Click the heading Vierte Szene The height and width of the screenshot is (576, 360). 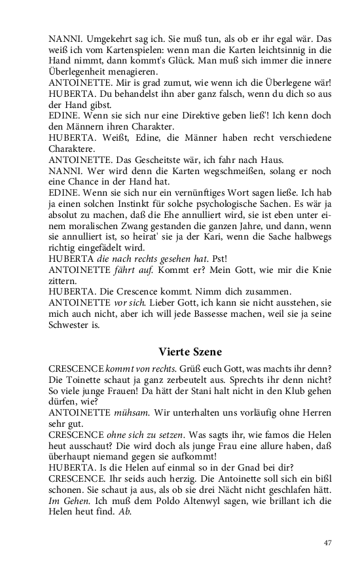coord(194,351)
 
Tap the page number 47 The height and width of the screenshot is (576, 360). coord(329,543)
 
